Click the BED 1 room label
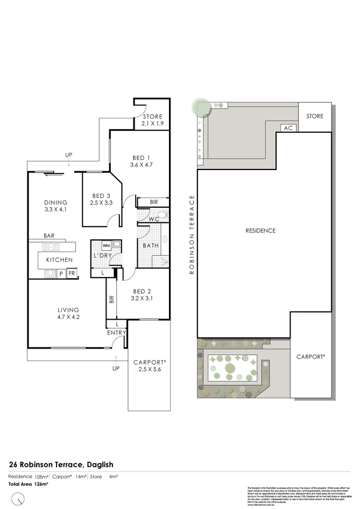142,158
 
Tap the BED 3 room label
101,196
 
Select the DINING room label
55,202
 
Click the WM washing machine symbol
106,245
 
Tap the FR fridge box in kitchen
71,273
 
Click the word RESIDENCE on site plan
260,231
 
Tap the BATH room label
150,246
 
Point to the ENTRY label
116,333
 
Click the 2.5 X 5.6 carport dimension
149,370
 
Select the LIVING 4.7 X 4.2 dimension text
68,317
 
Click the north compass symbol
18,498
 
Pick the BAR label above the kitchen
50,236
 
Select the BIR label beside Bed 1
154,202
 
